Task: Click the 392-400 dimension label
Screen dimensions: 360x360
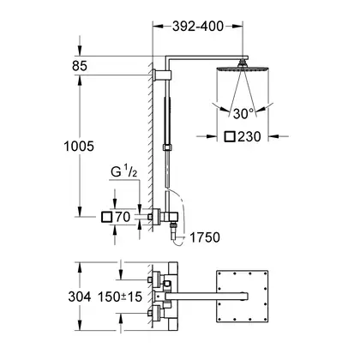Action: (x=198, y=27)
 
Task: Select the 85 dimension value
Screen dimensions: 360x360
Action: (x=80, y=66)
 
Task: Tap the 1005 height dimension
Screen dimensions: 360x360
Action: (x=79, y=147)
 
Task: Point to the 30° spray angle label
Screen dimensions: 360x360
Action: (x=243, y=114)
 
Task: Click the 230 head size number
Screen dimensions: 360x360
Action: (x=249, y=136)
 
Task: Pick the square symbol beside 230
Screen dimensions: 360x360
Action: (x=230, y=136)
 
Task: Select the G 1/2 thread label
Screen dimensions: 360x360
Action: (x=123, y=172)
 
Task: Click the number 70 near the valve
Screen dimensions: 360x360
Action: (x=123, y=217)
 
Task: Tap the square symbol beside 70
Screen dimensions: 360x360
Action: (x=106, y=217)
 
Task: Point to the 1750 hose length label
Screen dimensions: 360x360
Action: (x=205, y=237)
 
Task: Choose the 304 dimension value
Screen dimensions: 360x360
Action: (x=80, y=297)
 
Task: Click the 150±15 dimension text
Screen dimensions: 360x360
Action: (x=120, y=297)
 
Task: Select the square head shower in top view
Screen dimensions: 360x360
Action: (x=243, y=296)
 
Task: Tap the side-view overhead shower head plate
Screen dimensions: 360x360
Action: (x=243, y=69)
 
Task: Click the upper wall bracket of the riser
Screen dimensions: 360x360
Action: (x=162, y=75)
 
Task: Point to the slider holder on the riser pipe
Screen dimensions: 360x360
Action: (x=167, y=147)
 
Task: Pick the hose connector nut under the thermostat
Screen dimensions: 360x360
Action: (x=172, y=225)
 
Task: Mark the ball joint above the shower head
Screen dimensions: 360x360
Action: (x=243, y=63)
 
